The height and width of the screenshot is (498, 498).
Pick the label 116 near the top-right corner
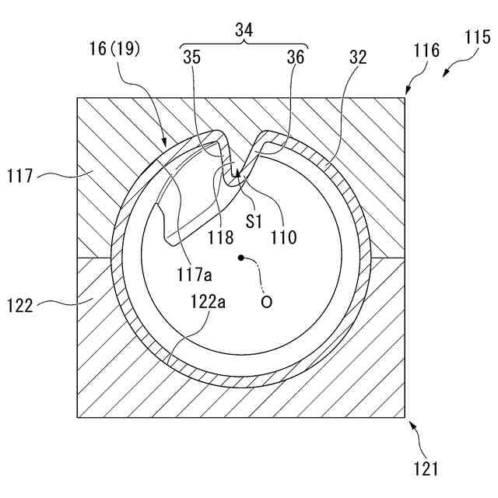pyautogui.click(x=426, y=51)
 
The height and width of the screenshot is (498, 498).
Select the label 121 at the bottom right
pyautogui.click(x=426, y=468)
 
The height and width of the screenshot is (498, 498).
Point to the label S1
pyautogui.click(x=253, y=221)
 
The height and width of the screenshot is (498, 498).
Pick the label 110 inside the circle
pyautogui.click(x=283, y=237)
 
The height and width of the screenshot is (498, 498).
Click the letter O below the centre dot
pyautogui.click(x=266, y=302)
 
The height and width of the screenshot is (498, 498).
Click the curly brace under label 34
pyautogui.click(x=244, y=46)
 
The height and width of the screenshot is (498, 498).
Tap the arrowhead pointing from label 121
pyautogui.click(x=411, y=424)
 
